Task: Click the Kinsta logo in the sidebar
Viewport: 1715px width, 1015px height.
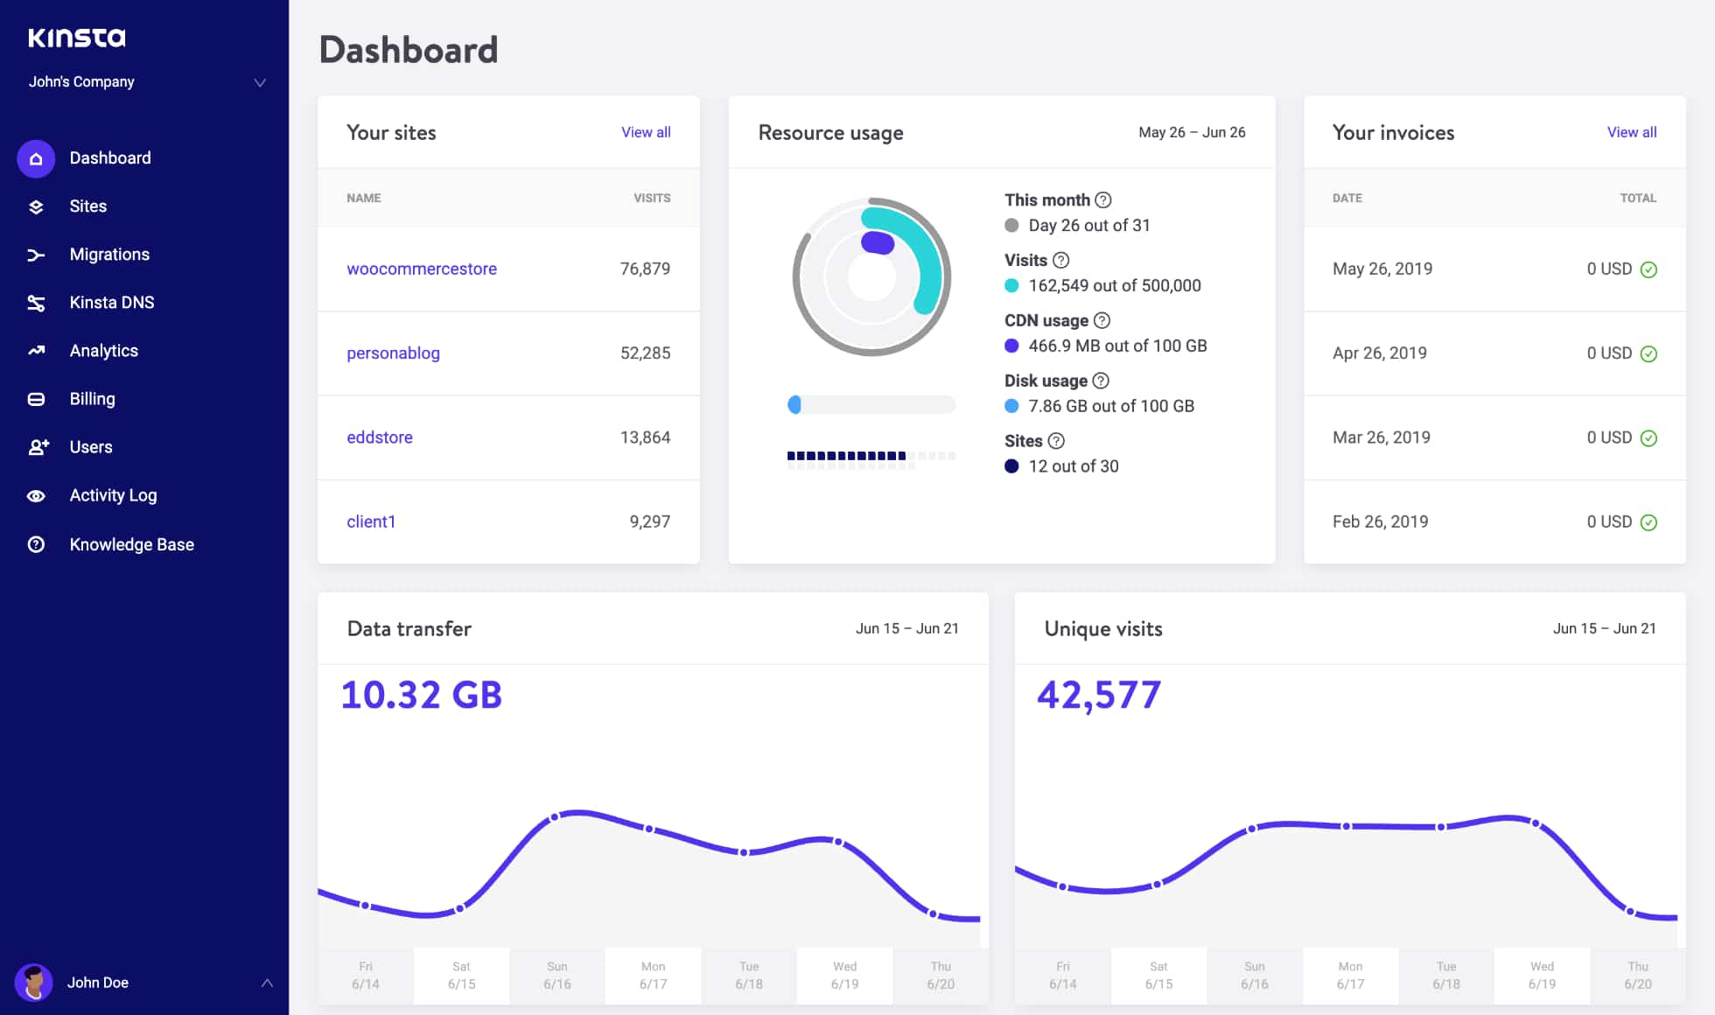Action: click(x=77, y=38)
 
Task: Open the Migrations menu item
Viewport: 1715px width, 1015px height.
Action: click(x=109, y=255)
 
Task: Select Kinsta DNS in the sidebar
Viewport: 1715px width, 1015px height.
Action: click(x=111, y=303)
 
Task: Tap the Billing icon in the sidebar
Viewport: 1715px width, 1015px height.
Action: click(x=36, y=400)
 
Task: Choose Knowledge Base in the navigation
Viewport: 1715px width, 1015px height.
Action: click(x=131, y=544)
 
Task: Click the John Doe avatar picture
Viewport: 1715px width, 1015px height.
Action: click(x=34, y=983)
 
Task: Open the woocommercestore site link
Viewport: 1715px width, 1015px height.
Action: click(x=421, y=269)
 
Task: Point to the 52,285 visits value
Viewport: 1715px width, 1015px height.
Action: click(x=645, y=353)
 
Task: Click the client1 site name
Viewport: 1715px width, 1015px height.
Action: click(x=371, y=521)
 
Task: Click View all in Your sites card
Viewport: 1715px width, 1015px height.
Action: click(x=646, y=132)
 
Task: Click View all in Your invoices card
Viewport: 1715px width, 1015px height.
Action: click(x=1631, y=132)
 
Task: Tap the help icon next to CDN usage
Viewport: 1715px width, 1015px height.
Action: click(x=1102, y=320)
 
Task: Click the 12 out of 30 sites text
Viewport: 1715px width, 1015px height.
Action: click(x=1073, y=466)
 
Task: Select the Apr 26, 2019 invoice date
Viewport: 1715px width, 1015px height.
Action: click(x=1379, y=353)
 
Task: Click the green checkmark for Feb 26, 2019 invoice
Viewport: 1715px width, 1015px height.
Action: click(x=1648, y=522)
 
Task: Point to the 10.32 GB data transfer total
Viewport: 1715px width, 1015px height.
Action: click(x=421, y=695)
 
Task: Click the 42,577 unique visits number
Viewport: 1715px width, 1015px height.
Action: click(x=1099, y=695)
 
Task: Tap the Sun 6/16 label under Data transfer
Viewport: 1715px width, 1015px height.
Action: click(x=557, y=975)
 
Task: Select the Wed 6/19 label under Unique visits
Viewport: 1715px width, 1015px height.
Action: click(x=1542, y=975)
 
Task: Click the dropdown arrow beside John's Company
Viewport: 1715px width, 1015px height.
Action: click(x=260, y=82)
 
